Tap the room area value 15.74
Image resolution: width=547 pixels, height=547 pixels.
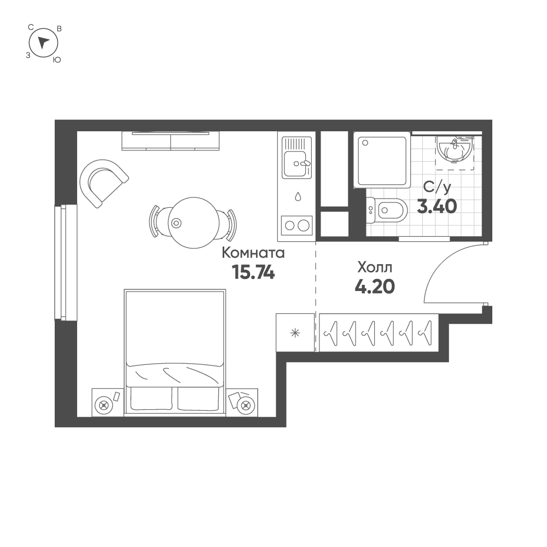(253, 272)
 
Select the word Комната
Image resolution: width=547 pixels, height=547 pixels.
(253, 253)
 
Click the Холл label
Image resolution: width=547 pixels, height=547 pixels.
(375, 267)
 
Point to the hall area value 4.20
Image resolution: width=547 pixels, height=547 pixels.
(375, 286)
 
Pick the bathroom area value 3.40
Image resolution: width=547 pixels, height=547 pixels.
(437, 206)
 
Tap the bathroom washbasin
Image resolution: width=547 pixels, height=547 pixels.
(454, 149)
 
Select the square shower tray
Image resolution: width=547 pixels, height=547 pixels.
(382, 159)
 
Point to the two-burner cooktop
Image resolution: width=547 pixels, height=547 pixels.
(296, 225)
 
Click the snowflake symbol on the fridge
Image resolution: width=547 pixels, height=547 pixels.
(295, 333)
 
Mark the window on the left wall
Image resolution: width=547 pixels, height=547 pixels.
(65, 261)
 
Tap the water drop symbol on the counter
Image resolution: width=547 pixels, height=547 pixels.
(298, 196)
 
